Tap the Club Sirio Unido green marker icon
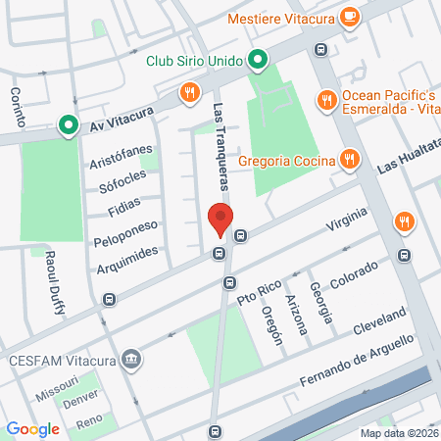(x=257, y=61)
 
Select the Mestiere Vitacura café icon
(x=349, y=17)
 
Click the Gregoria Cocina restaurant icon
(x=348, y=159)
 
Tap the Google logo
(x=32, y=428)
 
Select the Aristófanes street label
(x=122, y=157)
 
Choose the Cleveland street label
(x=380, y=319)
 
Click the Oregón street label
(x=271, y=324)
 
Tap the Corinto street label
(x=17, y=107)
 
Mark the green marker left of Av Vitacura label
(x=68, y=124)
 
